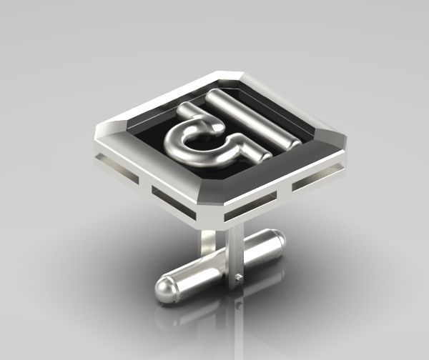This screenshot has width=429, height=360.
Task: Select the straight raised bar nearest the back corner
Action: pyautogui.click(x=255, y=114)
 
